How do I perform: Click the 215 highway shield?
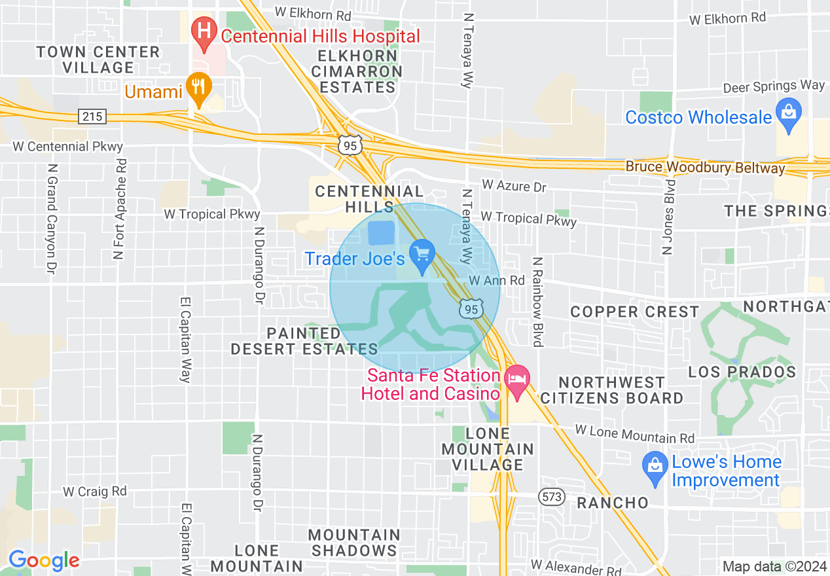(91, 117)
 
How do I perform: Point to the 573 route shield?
(552, 497)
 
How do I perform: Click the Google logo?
(44, 560)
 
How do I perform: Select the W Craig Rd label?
(95, 490)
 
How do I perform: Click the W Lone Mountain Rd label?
(635, 433)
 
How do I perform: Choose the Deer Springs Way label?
(774, 86)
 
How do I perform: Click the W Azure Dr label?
(514, 187)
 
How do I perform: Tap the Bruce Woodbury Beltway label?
(705, 168)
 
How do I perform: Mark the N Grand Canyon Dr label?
(50, 215)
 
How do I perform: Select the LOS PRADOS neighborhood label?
(742, 372)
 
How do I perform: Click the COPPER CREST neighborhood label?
(634, 312)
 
